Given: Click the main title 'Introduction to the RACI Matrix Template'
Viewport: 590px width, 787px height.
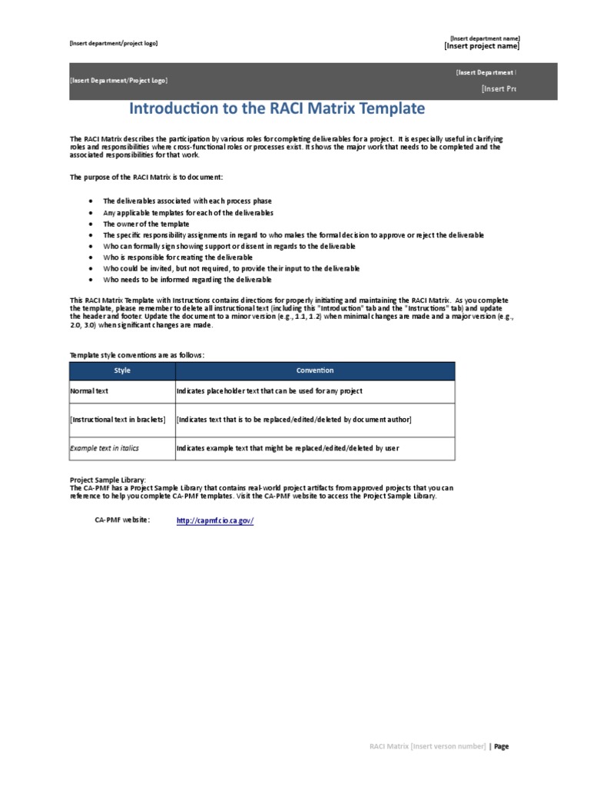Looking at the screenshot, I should [x=277, y=108].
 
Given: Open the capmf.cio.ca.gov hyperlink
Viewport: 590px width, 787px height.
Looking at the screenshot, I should [x=214, y=520].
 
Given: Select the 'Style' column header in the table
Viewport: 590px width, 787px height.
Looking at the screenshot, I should [x=122, y=370].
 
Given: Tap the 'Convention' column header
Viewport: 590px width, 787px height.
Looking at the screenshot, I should [x=315, y=370].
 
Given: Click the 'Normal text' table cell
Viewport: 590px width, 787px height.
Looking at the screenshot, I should [x=91, y=391].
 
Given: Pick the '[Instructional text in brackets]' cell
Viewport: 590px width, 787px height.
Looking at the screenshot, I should [x=118, y=420].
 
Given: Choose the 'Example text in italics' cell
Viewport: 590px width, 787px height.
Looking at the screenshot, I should [x=104, y=448].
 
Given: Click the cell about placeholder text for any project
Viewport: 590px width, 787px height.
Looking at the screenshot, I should [x=269, y=391].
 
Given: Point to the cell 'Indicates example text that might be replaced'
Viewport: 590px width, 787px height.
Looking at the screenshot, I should [x=287, y=448].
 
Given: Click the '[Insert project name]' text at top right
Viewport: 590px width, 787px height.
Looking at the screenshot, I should [x=481, y=46].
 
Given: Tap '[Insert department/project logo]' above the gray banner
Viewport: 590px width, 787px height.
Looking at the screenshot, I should [x=114, y=43].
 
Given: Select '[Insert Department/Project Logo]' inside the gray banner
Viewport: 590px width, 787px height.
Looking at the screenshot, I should [x=118, y=81].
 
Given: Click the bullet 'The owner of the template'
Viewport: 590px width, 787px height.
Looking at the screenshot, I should [x=146, y=224].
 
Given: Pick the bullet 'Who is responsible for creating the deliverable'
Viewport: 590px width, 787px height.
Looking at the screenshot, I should [x=177, y=257].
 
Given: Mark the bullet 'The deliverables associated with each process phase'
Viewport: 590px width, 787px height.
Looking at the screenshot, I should [x=188, y=201].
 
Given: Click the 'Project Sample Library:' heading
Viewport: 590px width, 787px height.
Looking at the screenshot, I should [x=107, y=480].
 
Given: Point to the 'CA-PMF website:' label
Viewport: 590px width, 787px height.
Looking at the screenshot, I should [x=122, y=520].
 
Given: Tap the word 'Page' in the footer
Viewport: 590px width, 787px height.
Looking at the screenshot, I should [x=501, y=746].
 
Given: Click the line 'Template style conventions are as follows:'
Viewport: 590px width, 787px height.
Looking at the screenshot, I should [x=138, y=355].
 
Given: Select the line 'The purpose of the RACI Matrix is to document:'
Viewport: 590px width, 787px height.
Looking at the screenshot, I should [x=146, y=177].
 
